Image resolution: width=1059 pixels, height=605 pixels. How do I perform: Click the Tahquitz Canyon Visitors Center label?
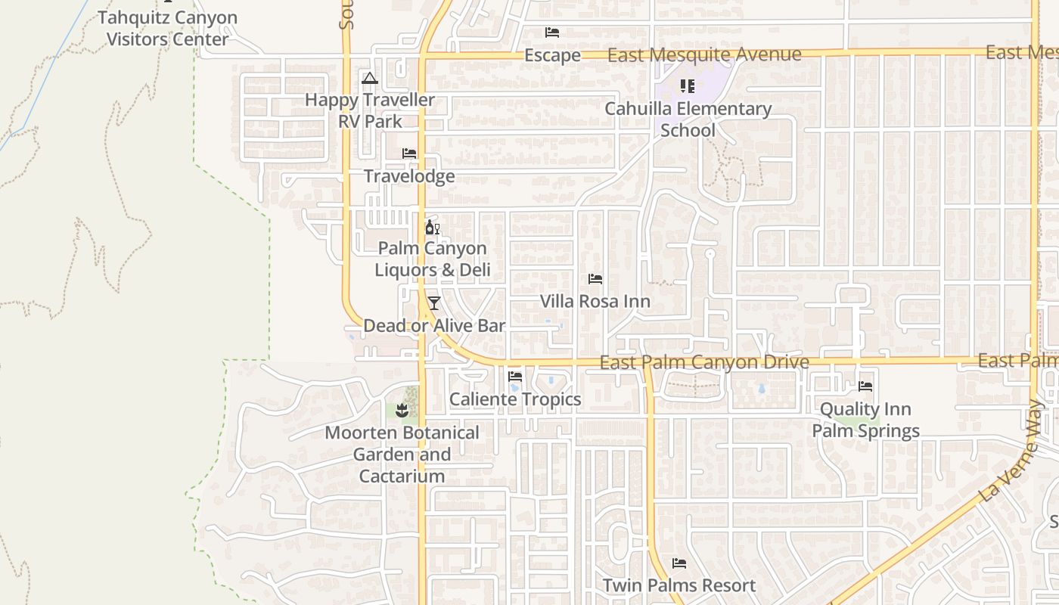(x=167, y=28)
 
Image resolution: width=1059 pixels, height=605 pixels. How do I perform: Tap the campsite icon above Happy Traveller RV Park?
(x=369, y=78)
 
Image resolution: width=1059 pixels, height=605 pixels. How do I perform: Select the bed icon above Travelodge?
(x=409, y=154)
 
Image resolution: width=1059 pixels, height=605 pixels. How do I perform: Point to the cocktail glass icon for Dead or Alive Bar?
(x=433, y=303)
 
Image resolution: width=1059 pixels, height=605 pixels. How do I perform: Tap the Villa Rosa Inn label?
(x=595, y=301)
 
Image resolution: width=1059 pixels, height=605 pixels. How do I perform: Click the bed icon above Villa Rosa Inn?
(x=595, y=279)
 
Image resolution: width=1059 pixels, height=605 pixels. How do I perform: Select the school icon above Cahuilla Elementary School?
(x=687, y=86)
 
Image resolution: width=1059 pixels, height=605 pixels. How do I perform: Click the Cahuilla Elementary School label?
(x=688, y=119)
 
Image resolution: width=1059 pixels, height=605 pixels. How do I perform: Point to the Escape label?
(x=552, y=55)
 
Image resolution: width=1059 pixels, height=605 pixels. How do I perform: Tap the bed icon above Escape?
(x=552, y=33)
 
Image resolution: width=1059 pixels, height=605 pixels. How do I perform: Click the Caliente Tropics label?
(x=515, y=399)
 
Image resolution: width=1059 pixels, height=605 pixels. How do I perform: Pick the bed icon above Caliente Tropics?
(x=516, y=377)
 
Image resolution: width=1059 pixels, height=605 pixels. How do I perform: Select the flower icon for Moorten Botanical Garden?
(x=402, y=411)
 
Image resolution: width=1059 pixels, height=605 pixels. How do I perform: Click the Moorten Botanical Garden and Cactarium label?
(x=402, y=455)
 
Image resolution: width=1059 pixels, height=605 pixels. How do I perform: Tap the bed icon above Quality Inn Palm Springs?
(x=866, y=386)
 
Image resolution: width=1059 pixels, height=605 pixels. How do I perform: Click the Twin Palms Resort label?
(x=679, y=585)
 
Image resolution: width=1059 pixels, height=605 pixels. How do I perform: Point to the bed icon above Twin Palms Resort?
(x=679, y=563)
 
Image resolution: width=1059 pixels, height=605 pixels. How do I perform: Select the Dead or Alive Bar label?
(x=434, y=326)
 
